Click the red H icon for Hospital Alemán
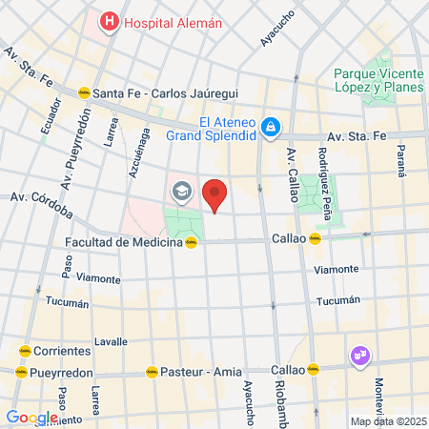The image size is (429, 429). pos(110,21)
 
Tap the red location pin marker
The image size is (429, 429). pos(215,194)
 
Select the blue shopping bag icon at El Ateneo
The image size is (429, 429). pos(271,126)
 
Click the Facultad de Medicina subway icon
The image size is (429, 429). pos(192,242)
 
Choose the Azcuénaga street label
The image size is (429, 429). pos(133,153)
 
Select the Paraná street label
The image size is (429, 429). pos(400,159)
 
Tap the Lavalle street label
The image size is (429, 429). pos(111,340)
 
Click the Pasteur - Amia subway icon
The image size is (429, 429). pos(150,372)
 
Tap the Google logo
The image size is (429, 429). pos(31,417)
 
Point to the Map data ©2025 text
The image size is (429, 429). pos(387,421)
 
